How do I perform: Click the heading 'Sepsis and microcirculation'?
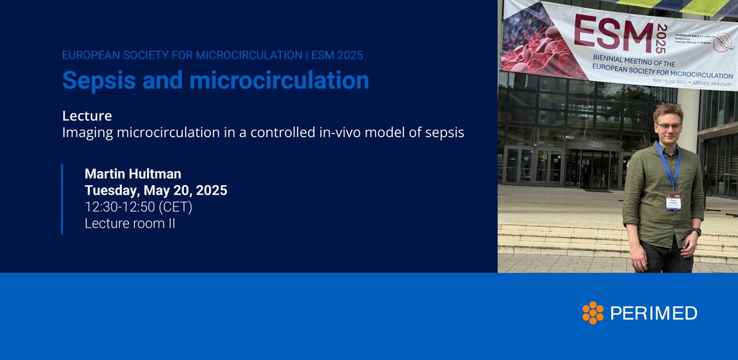[216, 81]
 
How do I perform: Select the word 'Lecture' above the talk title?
[87, 116]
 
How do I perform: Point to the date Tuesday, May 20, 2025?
[156, 191]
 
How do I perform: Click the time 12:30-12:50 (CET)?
[138, 207]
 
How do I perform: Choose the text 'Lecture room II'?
[130, 224]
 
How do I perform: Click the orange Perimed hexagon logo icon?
[593, 313]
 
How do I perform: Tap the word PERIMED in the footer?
[654, 313]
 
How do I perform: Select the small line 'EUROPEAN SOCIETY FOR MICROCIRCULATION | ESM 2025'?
[212, 55]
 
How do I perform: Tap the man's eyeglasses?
[669, 126]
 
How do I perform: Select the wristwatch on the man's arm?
[696, 232]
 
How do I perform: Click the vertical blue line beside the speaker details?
[62, 199]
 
